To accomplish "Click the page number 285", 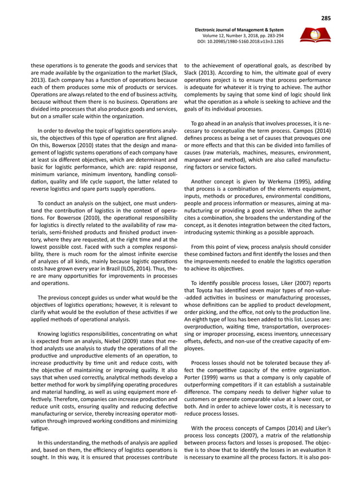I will coord(326,18).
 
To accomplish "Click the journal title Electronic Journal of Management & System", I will coord(239,29).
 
